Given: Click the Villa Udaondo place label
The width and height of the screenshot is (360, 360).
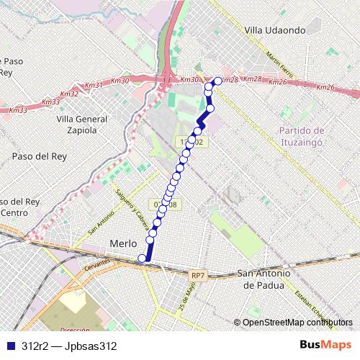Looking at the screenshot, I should point(276,30).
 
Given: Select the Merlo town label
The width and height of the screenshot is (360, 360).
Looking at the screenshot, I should point(122,244).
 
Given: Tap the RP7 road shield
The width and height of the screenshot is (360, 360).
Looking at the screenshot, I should point(199,275).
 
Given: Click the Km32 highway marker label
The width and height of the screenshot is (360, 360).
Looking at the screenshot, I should point(70,94).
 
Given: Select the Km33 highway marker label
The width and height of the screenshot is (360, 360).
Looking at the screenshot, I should point(19,110).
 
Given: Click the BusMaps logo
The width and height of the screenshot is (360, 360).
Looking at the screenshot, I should point(325,345).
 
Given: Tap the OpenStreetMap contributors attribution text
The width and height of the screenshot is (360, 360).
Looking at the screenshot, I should point(297,322).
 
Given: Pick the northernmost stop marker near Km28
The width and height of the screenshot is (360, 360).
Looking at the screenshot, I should point(218,81).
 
